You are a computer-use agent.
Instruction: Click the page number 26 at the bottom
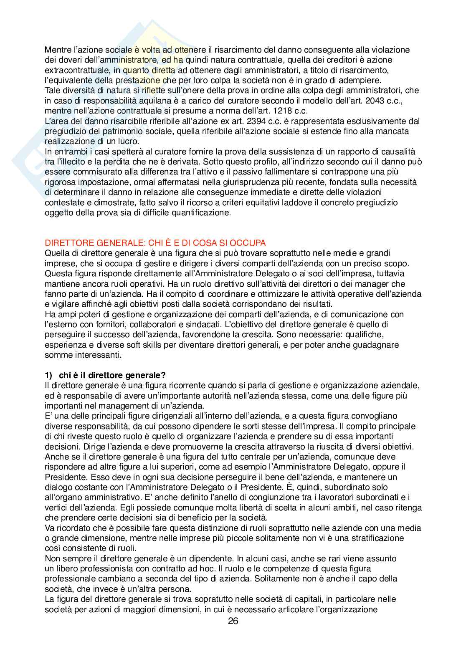pyautogui.click(x=233, y=621)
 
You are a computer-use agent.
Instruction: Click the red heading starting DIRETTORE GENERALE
pyautogui.click(x=155, y=243)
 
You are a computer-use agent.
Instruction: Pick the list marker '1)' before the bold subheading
pyautogui.click(x=48, y=375)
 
